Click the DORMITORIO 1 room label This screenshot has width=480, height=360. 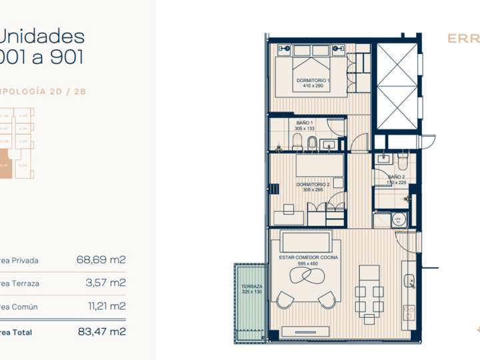pos(313,80)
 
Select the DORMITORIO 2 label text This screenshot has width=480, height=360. pos(313,184)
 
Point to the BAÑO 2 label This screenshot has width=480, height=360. pos(397,176)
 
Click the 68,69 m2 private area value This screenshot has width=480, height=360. pos(101,259)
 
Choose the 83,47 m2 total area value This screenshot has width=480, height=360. pos(101,331)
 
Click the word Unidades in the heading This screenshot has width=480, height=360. pos(42,36)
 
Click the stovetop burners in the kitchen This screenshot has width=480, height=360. pos(409,313)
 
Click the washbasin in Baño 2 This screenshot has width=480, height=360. pos(383,159)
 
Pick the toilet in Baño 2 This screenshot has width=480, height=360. pos(402,161)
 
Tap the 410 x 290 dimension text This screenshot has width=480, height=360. pos(313,86)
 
